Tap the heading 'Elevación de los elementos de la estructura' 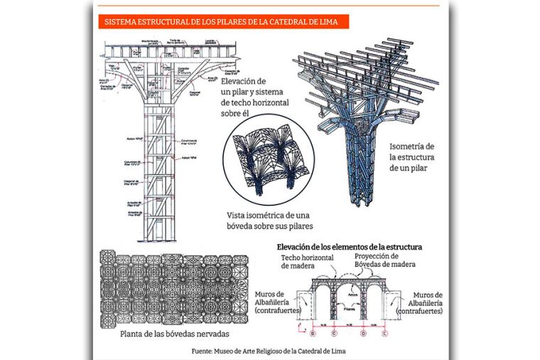pos(350,246)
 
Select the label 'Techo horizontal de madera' pos(307,261)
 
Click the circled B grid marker pos(313,332)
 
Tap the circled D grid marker pos(364,332)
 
